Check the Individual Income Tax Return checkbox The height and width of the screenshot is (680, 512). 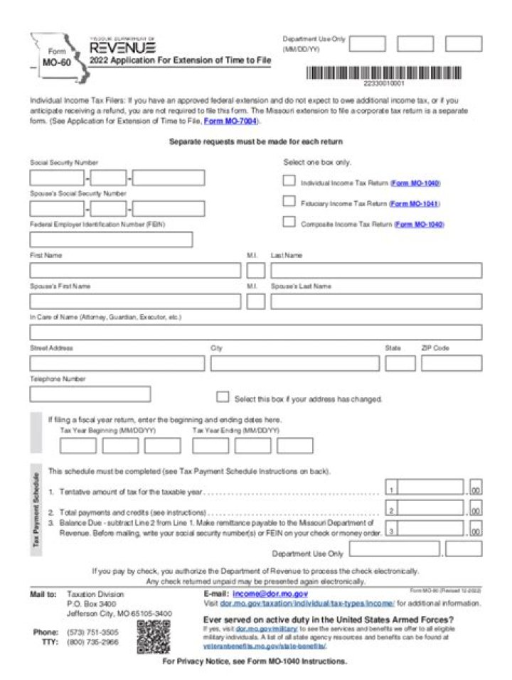point(289,181)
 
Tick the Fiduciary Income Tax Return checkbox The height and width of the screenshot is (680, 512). point(289,202)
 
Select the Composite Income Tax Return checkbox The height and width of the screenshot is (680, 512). point(289,222)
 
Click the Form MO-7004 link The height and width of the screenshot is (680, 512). point(230,122)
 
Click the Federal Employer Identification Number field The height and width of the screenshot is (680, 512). point(111,239)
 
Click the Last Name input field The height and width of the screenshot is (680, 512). point(375,271)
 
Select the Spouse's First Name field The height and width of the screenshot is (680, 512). point(135,301)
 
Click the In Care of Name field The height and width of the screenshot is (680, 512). point(255,333)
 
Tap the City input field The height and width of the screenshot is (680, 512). point(294,364)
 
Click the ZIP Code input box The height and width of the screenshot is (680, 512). point(451,364)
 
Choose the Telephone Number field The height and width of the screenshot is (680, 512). point(90,394)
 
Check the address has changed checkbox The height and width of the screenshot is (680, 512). point(223,397)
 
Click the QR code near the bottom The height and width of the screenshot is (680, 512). point(153,636)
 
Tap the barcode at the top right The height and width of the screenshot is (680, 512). point(383,73)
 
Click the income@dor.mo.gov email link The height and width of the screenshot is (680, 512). point(270,593)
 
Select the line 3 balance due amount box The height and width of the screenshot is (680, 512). point(431,529)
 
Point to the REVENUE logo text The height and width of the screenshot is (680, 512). point(122,48)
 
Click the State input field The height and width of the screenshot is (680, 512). point(400,364)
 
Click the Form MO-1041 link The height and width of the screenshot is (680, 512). point(415,204)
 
